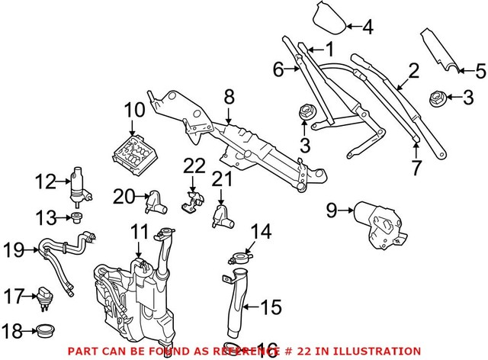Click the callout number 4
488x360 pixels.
(x=368, y=28)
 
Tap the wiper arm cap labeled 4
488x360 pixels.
(x=328, y=20)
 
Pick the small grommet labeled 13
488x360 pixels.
(x=79, y=221)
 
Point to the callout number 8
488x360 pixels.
(x=228, y=97)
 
